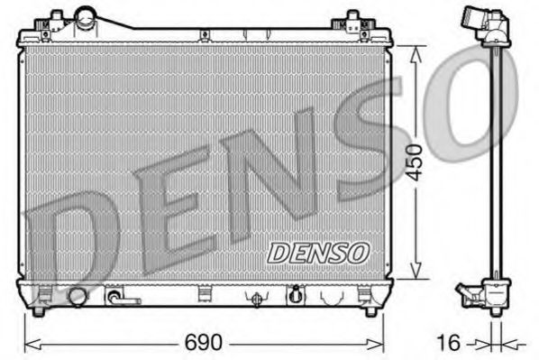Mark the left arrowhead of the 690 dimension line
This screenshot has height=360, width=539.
(28, 344)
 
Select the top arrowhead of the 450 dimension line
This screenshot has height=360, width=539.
(416, 51)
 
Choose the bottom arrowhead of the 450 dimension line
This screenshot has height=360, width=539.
(416, 273)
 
